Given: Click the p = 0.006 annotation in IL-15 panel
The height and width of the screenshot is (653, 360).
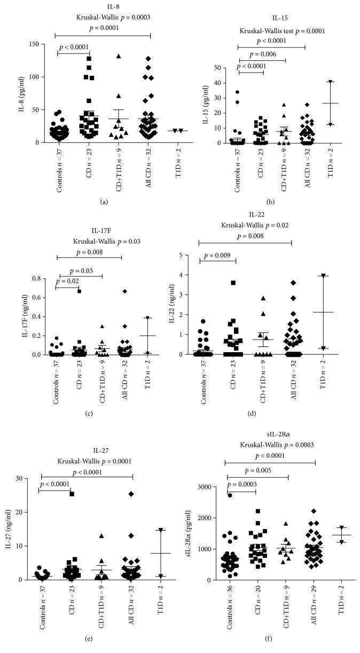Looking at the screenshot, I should tap(262, 54).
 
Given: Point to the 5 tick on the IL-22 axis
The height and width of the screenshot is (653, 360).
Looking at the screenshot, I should tap(189, 255).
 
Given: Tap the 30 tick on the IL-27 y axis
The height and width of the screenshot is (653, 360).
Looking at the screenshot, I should tap(27, 478).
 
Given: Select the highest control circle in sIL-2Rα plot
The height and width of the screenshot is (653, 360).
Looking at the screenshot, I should tap(230, 495).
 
